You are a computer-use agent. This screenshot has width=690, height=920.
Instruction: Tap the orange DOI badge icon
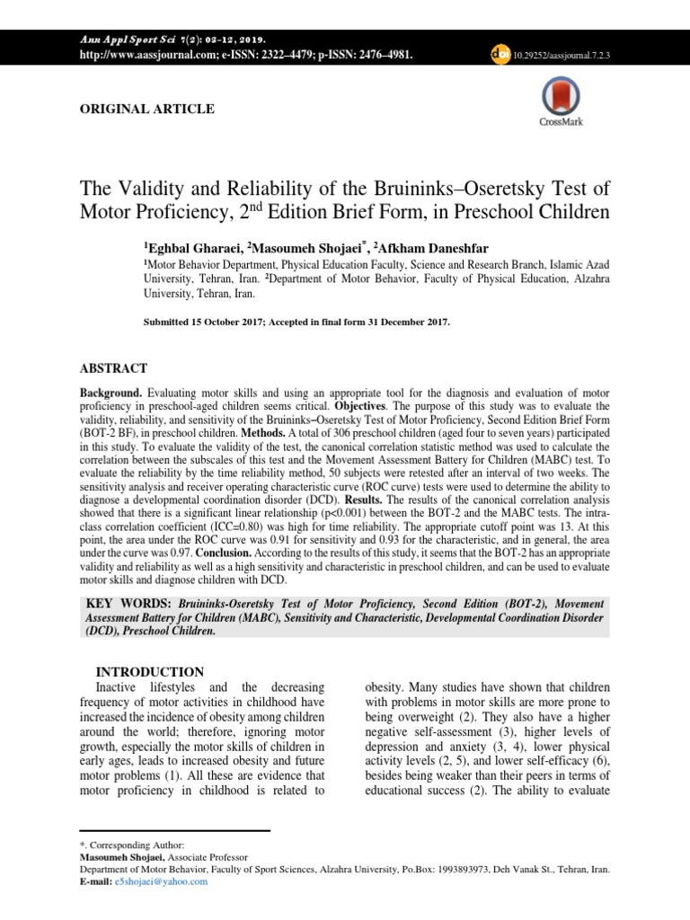click(x=500, y=54)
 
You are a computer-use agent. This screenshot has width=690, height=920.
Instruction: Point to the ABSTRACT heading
click(x=113, y=368)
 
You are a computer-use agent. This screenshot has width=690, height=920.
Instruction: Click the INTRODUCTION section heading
click(x=150, y=671)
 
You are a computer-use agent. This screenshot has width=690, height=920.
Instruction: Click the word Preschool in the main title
click(x=490, y=213)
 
